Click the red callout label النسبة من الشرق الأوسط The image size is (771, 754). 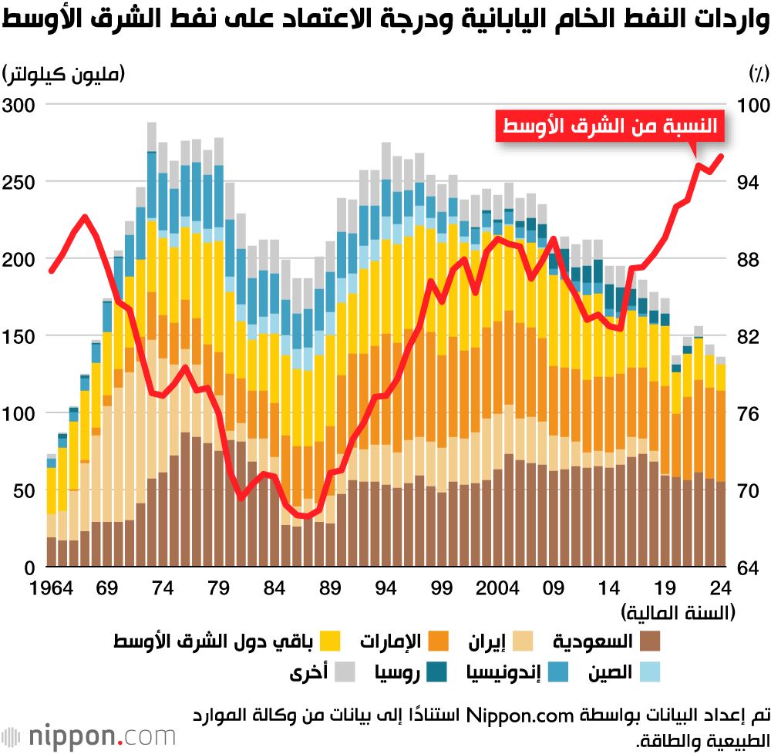coord(610,126)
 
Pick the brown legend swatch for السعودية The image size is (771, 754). coord(650,641)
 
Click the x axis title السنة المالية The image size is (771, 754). coord(678,613)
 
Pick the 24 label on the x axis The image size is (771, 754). coord(722,590)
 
